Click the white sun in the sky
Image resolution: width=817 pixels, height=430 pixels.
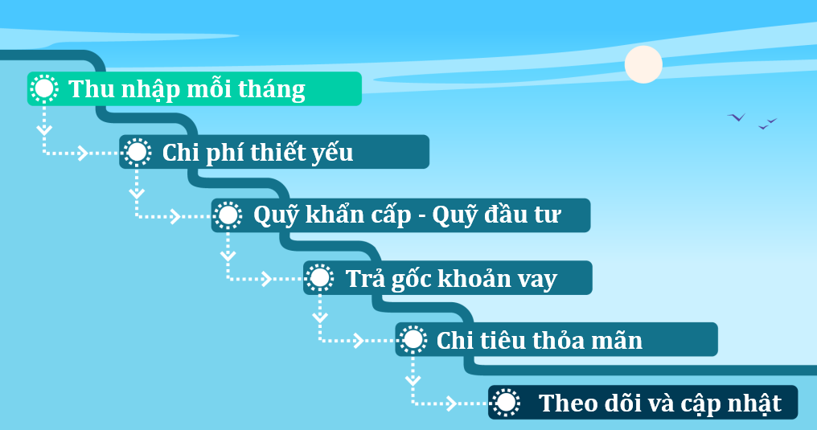643,64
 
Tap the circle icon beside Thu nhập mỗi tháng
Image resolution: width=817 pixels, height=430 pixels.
45,88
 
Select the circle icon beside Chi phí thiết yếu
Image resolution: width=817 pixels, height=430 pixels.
138,151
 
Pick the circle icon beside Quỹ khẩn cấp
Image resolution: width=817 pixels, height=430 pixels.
229,215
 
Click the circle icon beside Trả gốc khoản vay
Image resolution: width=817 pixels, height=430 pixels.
321,277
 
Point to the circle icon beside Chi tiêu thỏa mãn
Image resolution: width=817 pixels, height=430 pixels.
413,340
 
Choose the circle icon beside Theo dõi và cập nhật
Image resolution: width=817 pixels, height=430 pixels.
506,402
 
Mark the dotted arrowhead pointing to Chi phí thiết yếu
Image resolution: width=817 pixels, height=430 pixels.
82,152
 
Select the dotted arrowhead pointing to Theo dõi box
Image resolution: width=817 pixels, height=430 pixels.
450,403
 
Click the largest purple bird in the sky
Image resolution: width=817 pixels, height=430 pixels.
736,117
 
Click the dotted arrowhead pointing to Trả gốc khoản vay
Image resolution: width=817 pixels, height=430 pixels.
266,278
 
